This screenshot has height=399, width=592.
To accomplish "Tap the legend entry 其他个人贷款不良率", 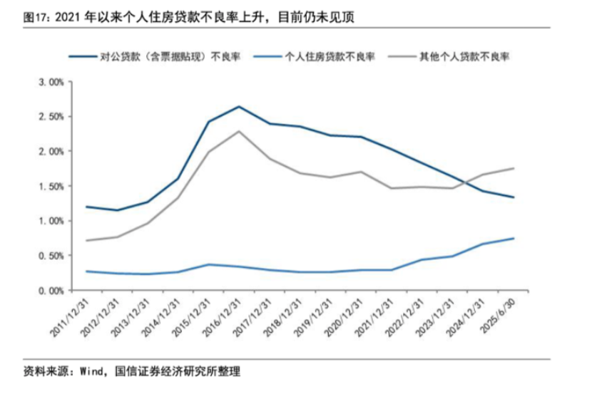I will pos(463,55).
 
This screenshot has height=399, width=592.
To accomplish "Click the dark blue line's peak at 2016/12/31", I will pos(239,107).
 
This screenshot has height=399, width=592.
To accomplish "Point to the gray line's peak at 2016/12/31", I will pos(239,131).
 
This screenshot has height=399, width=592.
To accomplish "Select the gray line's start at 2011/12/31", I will pos(86,241).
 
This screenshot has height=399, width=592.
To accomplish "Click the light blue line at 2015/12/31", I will pos(208,264).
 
